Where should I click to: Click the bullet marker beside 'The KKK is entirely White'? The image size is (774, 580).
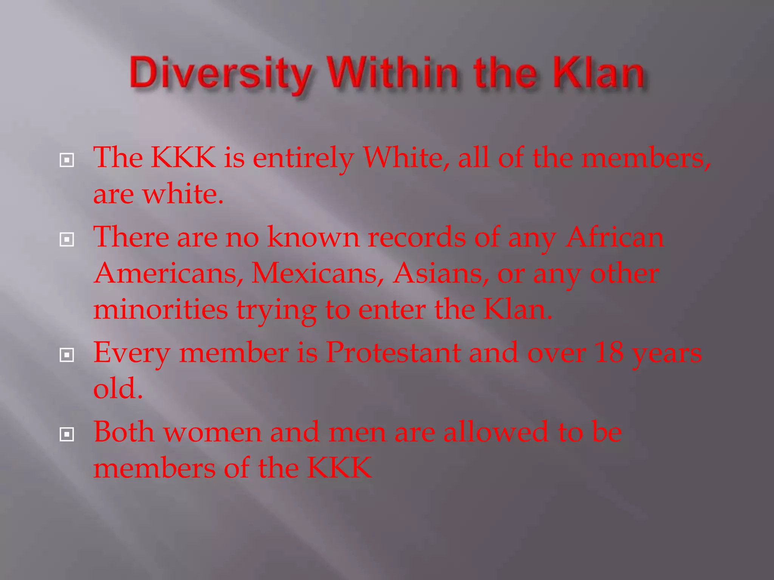click(x=67, y=160)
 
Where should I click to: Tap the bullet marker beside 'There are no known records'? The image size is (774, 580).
click(x=67, y=239)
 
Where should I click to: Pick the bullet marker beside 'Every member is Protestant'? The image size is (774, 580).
click(x=67, y=355)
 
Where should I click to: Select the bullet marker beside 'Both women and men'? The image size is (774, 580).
click(x=67, y=435)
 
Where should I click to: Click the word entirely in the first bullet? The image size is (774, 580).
click(x=303, y=159)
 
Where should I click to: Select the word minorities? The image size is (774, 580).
click(x=161, y=309)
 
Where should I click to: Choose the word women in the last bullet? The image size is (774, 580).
click(x=212, y=432)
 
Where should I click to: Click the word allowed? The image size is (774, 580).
click(x=495, y=432)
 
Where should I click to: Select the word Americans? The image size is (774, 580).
click(x=169, y=273)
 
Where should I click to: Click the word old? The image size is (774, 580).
click(x=118, y=389)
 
